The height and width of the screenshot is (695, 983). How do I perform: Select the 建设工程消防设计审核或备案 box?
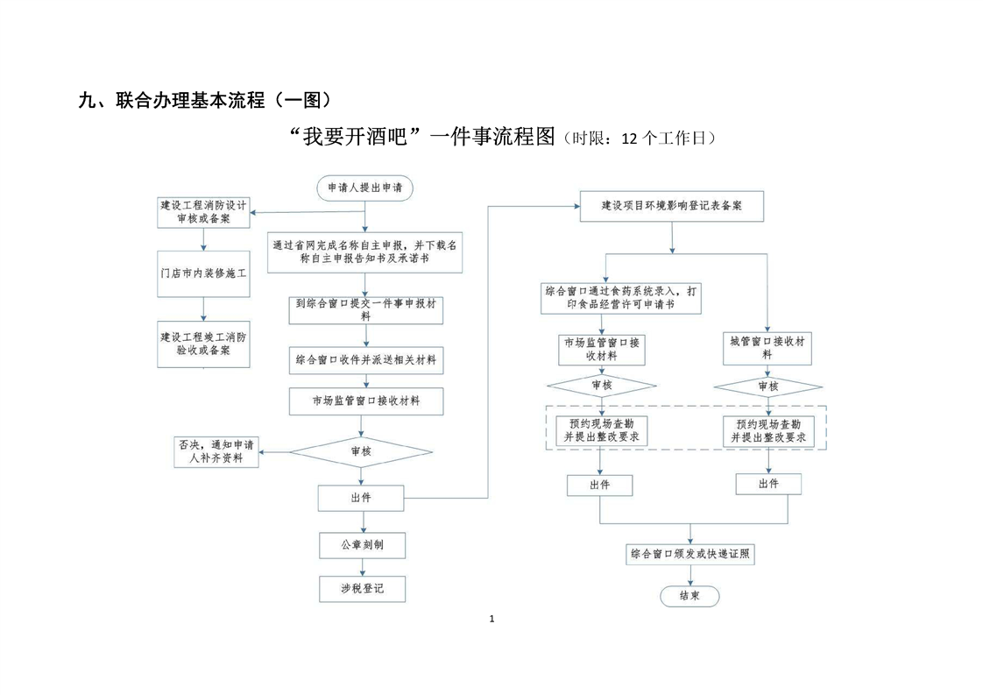(203, 212)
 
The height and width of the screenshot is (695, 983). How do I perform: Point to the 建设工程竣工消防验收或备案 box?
(203, 343)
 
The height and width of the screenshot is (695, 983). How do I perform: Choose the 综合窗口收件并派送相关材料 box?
(366, 359)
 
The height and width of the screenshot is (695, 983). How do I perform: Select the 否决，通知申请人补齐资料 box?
(216, 451)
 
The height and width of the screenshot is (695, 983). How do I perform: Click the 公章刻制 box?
(362, 545)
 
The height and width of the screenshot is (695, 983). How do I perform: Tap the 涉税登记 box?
(362, 590)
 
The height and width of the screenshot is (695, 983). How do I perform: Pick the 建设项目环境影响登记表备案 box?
(672, 207)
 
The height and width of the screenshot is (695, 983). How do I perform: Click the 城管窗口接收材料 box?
(767, 348)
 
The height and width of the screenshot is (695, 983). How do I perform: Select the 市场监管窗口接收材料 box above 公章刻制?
(366, 401)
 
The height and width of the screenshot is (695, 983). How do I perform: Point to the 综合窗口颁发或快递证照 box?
(691, 554)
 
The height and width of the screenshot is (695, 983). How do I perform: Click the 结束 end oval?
(690, 596)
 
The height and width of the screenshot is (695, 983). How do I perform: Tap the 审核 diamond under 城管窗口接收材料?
(767, 387)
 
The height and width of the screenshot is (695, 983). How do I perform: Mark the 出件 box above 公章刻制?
(362, 499)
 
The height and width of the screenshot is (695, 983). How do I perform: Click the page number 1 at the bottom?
(491, 620)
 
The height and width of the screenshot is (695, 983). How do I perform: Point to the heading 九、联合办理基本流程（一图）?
(205, 100)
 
